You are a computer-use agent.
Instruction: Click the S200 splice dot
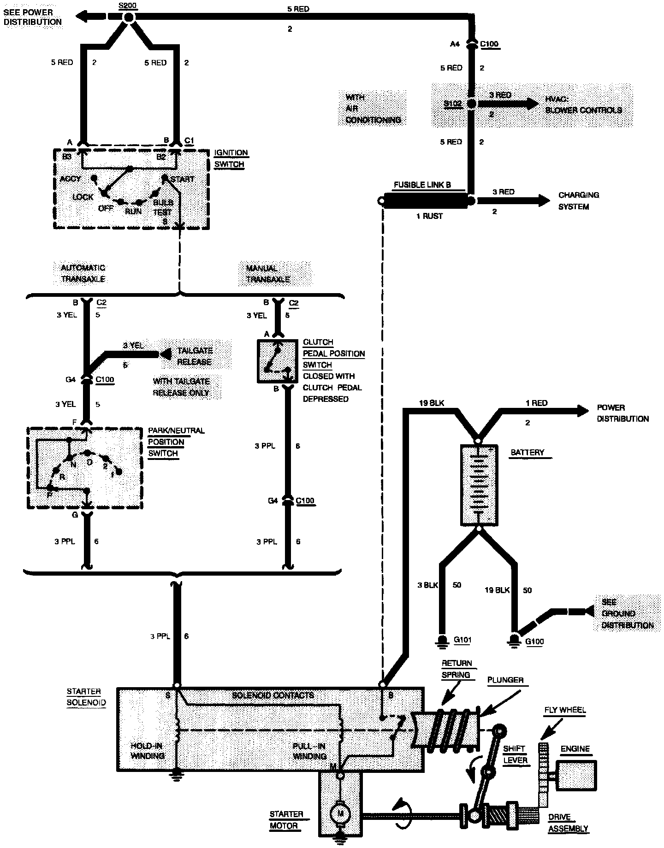pyautogui.click(x=129, y=18)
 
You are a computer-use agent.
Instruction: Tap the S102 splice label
pyautogui.click(x=452, y=104)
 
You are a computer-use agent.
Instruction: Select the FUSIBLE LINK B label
pyautogui.click(x=422, y=185)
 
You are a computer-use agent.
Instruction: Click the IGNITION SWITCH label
pyautogui.click(x=231, y=159)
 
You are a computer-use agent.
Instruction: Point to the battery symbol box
pyautogui.click(x=479, y=485)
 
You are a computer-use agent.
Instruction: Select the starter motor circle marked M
pyautogui.click(x=341, y=814)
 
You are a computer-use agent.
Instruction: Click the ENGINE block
pyautogui.click(x=576, y=776)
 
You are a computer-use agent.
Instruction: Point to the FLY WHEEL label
pyautogui.click(x=565, y=710)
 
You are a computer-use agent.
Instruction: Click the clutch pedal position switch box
pyautogui.click(x=276, y=361)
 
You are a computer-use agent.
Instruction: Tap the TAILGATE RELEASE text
pyautogui.click(x=195, y=356)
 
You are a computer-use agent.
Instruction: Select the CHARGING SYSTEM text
pyautogui.click(x=579, y=201)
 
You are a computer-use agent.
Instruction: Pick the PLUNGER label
pyautogui.click(x=505, y=680)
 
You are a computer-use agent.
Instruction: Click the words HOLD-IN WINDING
pyautogui.click(x=148, y=751)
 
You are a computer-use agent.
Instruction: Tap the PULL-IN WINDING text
pyautogui.click(x=309, y=751)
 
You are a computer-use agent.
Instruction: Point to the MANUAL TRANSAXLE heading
pyautogui.click(x=268, y=274)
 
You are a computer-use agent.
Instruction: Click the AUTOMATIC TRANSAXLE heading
pyautogui.click(x=83, y=273)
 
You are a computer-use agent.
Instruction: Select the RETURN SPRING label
pyautogui.click(x=456, y=669)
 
